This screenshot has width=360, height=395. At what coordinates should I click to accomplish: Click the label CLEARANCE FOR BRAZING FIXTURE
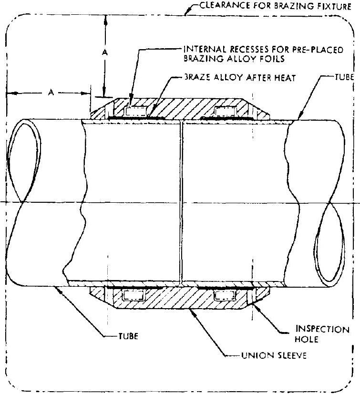pos(276,6)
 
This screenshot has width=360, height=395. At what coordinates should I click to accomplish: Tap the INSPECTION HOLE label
pos(322,334)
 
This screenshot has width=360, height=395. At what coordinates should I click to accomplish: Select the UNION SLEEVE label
pos(274,355)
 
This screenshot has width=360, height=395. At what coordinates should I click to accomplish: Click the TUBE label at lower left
pos(128,336)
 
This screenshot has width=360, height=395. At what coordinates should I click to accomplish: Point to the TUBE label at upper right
pos(344,77)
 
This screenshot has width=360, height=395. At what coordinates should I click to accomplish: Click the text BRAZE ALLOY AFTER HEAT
pos(240,77)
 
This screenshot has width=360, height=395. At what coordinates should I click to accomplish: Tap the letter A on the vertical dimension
pos(105,52)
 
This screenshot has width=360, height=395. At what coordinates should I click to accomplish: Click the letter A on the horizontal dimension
pos(51,93)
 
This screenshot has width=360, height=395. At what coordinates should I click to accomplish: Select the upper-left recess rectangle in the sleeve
pos(136,111)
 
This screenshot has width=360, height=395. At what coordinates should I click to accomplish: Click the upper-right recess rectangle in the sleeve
pos(226,111)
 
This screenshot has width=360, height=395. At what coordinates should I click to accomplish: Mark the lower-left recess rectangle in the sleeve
pos(134,295)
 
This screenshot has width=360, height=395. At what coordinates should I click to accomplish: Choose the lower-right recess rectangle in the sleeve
pos(225,295)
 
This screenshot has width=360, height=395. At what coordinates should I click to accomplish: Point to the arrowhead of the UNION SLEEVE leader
pos(192,312)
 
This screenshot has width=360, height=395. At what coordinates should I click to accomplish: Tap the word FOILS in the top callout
pos(274,59)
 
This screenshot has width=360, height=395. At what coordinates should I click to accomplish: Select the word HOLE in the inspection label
pos(307,339)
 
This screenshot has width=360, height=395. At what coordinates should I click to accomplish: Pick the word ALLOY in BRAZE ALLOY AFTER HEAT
pos(228,77)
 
